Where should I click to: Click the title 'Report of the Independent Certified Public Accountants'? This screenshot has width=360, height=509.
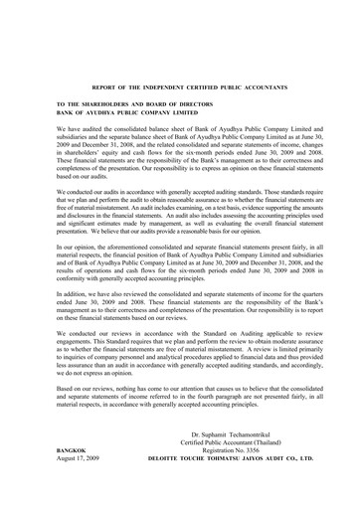pos(179,86)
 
